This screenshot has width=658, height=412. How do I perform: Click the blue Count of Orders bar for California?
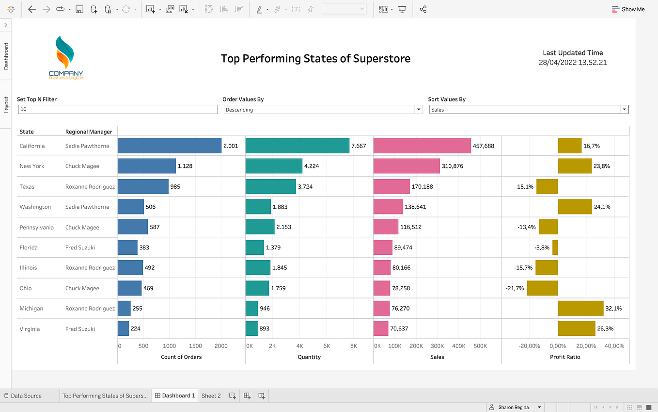tap(169, 146)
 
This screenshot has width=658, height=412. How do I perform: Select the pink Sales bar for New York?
tap(406, 166)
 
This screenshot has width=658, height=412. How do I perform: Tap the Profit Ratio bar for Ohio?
tap(542, 288)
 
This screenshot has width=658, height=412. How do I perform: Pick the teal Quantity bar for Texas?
tap(270, 186)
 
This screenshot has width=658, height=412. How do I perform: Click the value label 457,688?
tap(483, 146)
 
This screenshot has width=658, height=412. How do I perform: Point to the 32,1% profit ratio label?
tap(613, 309)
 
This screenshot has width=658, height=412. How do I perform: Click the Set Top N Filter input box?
tap(118, 110)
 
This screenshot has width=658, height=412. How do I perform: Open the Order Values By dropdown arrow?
tap(419, 110)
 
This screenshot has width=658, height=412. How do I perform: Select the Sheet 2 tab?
tap(211, 396)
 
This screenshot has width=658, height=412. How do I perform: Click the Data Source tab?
tap(26, 396)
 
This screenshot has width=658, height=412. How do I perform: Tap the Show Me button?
tap(628, 9)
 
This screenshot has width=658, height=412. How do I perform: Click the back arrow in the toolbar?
tap(32, 9)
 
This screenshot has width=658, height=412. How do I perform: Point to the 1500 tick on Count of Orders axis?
tap(195, 346)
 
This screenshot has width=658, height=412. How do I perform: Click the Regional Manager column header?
tap(89, 132)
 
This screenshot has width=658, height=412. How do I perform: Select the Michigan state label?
tap(31, 309)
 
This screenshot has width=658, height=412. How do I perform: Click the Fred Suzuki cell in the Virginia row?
tap(80, 329)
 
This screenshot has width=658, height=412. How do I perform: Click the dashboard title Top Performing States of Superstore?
tap(315, 59)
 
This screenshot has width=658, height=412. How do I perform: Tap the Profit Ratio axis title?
tap(565, 357)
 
